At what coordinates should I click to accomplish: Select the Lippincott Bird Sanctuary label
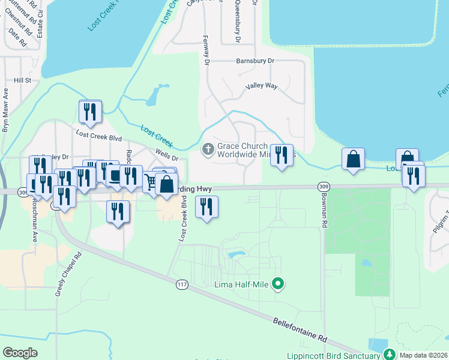coord(332,355)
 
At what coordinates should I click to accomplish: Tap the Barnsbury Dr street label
coord(255,61)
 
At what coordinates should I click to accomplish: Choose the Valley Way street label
coord(261,86)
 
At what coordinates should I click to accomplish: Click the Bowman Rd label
coord(325,214)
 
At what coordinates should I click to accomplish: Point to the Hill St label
coord(23,80)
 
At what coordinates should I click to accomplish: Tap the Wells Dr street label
coord(167,155)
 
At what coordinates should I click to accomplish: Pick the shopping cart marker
coord(151,180)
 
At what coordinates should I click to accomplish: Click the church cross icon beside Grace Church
coord(208,148)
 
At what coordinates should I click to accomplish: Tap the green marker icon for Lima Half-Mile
coord(277,283)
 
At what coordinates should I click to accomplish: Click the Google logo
coord(20,353)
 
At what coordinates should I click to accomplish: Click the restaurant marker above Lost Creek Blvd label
coord(90,112)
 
